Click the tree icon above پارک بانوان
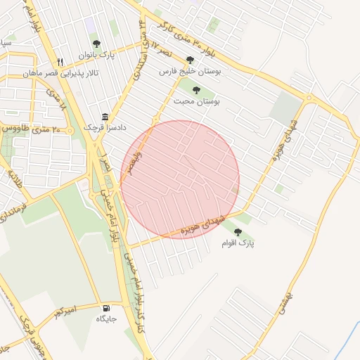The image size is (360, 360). pos(96,44)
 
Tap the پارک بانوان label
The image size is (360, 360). pos(96,54)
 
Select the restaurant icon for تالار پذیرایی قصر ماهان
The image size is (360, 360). pos(60,62)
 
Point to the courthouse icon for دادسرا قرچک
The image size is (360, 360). pos(105,117)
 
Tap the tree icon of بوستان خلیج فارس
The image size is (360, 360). pos(189,60)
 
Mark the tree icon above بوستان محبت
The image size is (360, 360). pos(196,90)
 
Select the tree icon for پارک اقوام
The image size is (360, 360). pos(238,231)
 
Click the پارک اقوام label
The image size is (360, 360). pos(238,243)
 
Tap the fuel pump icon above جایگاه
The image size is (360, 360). pos(106,307)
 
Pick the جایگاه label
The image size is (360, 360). pos(106,319)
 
